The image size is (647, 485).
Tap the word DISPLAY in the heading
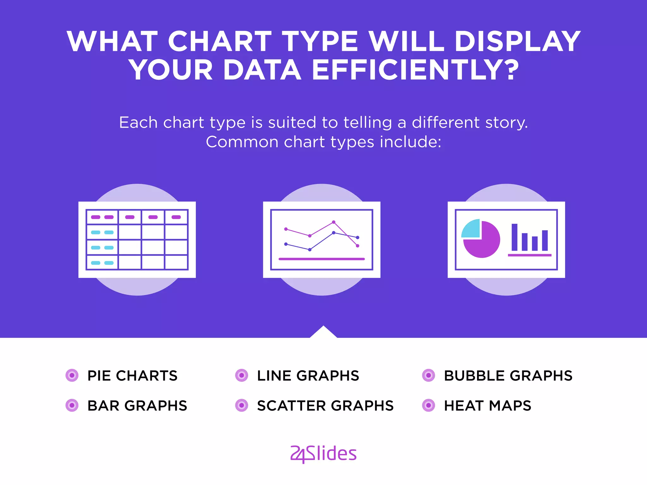click(x=517, y=41)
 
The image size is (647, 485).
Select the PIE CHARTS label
click(x=132, y=376)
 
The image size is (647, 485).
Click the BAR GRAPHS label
click(x=137, y=406)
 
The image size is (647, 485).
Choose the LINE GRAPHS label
click(x=308, y=376)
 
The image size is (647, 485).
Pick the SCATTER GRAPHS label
click(x=325, y=406)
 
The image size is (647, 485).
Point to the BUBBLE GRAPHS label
click(x=508, y=376)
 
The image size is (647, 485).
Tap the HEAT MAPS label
click(x=487, y=406)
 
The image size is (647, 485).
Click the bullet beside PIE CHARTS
click(x=72, y=375)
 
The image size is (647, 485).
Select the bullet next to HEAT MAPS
click(x=429, y=405)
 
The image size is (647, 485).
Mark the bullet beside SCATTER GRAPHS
click(x=242, y=405)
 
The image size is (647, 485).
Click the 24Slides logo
click(x=323, y=454)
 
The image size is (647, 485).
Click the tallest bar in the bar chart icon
click(x=515, y=237)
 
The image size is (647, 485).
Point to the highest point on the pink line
click(x=334, y=222)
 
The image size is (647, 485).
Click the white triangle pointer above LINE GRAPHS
click(x=323, y=333)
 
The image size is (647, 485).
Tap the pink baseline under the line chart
click(x=322, y=259)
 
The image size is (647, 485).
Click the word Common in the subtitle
click(x=242, y=142)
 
